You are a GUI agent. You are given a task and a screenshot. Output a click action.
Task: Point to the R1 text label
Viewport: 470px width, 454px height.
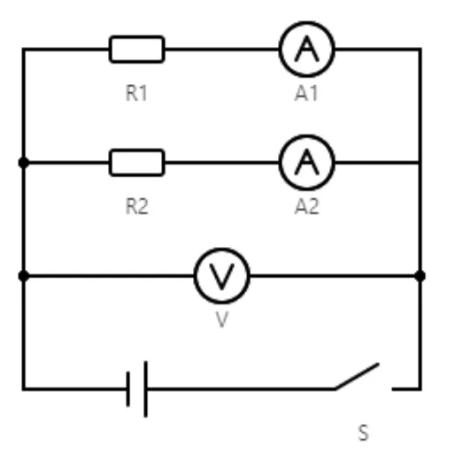136,93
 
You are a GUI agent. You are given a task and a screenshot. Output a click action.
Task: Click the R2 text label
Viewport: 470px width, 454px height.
136,206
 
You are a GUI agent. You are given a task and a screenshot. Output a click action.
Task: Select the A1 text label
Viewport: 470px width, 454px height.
306,93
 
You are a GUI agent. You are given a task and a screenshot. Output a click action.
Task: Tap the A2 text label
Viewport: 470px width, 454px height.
306,206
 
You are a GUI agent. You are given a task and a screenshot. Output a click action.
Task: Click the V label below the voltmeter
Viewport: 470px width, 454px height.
222,319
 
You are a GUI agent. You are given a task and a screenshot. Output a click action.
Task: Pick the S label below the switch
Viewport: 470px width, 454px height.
363,433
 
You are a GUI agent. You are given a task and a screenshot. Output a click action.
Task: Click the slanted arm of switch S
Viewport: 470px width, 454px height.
357,376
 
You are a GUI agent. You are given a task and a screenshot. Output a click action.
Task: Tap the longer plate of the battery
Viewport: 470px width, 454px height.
146,389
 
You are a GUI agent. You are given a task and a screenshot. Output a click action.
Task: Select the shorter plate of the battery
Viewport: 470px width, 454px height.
128,389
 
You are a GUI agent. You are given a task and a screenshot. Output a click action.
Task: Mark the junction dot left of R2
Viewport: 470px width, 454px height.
24,163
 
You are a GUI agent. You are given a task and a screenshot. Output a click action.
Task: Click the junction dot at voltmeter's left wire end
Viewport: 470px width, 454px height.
24,276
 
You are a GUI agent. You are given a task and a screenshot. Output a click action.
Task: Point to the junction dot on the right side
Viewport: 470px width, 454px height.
420,276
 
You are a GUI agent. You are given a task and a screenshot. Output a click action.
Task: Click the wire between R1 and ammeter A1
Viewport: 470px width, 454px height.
222,50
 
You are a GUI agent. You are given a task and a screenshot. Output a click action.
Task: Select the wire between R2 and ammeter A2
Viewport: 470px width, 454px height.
222,163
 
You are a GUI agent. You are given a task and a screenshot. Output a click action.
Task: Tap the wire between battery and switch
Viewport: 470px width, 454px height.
242,389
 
